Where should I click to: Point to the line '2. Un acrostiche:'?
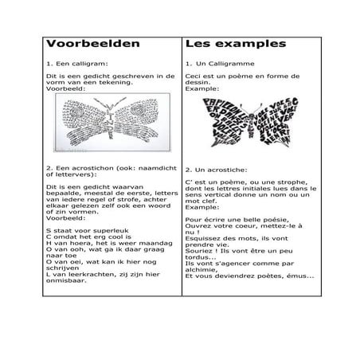[x=218, y=170]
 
